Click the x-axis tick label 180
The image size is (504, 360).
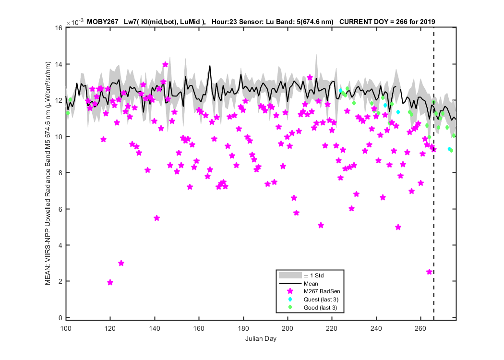243,328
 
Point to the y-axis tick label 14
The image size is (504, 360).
59,64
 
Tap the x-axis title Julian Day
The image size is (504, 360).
261,338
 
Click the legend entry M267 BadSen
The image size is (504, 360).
322,291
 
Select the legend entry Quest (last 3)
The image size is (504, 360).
321,300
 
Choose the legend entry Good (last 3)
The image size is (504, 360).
320,308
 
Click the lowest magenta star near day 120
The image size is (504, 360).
110,283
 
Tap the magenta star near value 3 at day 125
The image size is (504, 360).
121,263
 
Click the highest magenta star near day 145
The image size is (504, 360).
165,65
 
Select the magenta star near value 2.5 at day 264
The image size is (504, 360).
429,272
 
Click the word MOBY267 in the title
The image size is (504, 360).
103,22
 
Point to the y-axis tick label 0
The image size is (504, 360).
60,318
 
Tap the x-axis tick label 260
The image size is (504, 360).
420,328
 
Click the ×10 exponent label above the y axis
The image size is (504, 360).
75,22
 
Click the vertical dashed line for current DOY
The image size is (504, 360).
434,174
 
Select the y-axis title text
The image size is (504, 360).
48,173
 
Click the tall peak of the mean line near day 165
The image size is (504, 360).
210,66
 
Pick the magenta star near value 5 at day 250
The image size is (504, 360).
398,227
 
